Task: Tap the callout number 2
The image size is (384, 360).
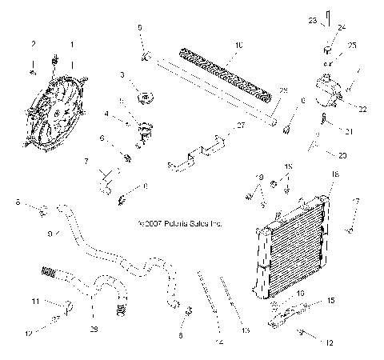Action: (33, 44)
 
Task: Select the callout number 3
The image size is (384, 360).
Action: (122, 75)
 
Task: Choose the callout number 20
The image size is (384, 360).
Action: (342, 155)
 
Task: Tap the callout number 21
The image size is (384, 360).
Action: (348, 130)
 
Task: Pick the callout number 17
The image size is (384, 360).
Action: (355, 201)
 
